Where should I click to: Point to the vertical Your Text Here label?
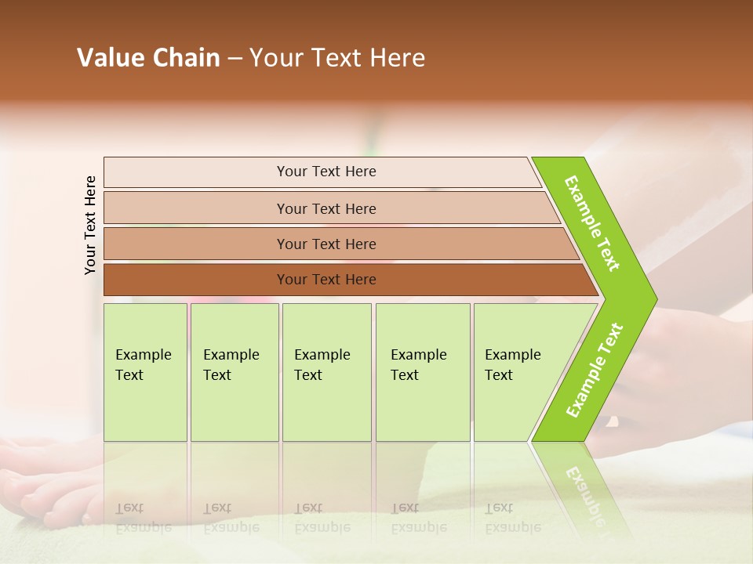pyautogui.click(x=90, y=225)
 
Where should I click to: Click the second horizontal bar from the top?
pyautogui.click(x=326, y=208)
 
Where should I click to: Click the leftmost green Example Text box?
pyautogui.click(x=145, y=372)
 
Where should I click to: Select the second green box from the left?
pyautogui.click(x=235, y=372)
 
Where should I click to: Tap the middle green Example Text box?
pyautogui.click(x=326, y=372)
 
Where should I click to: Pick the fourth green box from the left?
pyautogui.click(x=423, y=372)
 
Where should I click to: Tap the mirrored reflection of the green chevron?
pyautogui.click(x=584, y=486)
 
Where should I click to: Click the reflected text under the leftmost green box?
pyautogui.click(x=133, y=517)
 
